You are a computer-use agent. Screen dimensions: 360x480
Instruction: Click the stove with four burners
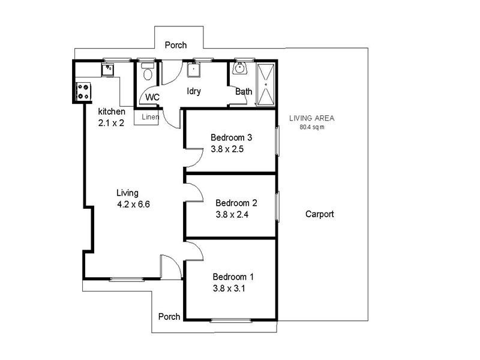tap(83, 92)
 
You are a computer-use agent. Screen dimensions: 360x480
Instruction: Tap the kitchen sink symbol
tap(109, 69)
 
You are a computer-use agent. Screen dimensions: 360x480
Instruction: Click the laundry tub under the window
tap(194, 70)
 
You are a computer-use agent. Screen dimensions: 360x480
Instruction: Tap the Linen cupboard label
tap(150, 117)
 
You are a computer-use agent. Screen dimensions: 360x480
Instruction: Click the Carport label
tap(319, 214)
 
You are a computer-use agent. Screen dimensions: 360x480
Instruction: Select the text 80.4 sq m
tap(312, 127)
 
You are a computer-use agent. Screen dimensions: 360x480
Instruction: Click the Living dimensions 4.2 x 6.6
tap(133, 204)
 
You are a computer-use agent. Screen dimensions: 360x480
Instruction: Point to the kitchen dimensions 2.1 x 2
tap(111, 123)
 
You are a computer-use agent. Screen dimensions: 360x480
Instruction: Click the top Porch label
tap(176, 45)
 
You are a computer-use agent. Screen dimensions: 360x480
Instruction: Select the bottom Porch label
tap(169, 317)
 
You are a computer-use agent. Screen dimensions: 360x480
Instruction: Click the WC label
tap(152, 97)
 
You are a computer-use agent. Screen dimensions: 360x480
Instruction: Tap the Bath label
tap(244, 92)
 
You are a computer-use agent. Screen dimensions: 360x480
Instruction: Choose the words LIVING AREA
tap(311, 118)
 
